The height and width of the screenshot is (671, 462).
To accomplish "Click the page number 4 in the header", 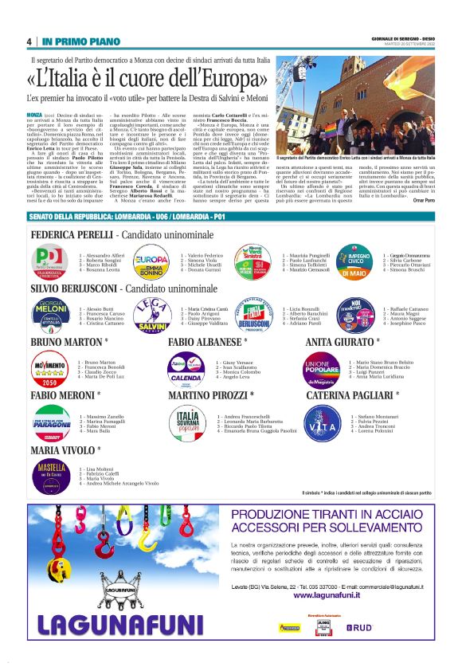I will (x=29, y=41).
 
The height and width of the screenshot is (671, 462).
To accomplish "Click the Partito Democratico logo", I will (x=49, y=261).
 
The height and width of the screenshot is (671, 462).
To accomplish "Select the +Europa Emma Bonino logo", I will (x=151, y=261).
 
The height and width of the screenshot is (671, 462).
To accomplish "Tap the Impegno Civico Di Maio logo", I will (x=354, y=261).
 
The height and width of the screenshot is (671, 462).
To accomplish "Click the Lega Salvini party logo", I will (x=151, y=314).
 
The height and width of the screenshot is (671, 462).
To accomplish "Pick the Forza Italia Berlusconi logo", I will (x=253, y=314).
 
